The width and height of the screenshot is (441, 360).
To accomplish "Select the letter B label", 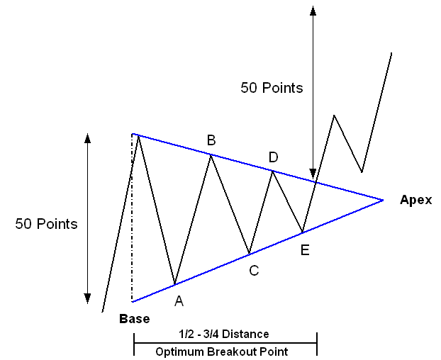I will (x=211, y=140).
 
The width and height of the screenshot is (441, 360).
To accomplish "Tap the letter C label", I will (x=254, y=269).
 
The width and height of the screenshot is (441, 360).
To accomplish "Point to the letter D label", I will (x=273, y=156).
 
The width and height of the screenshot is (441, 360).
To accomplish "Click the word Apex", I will (x=415, y=199).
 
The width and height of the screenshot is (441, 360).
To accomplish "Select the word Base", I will (x=134, y=319).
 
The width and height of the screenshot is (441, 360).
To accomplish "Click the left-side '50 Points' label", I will (x=46, y=224).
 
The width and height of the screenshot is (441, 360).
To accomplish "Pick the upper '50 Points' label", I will (x=272, y=88).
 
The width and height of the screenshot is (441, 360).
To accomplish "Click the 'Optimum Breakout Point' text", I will (x=225, y=350).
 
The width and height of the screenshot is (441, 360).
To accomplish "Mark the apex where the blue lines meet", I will (x=383, y=200).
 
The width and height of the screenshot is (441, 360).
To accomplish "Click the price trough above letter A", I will (x=174, y=285).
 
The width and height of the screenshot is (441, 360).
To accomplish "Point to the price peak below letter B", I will (x=211, y=154).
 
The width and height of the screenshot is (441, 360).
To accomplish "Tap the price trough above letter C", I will (x=249, y=254).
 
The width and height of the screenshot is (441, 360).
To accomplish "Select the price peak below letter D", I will (x=272, y=171).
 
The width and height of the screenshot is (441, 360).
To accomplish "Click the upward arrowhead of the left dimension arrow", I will (x=87, y=137).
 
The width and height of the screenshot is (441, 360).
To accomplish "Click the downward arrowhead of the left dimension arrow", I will (x=87, y=298).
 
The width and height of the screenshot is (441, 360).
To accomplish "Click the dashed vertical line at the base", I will (x=132, y=220).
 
